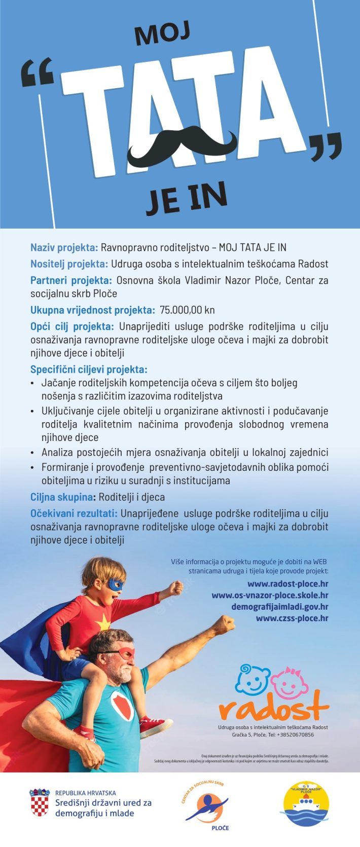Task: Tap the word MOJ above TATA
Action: (162, 35)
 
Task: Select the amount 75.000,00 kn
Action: (187, 310)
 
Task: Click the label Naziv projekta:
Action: (64, 247)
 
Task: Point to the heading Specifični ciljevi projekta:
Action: (89, 369)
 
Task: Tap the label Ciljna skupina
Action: (62, 497)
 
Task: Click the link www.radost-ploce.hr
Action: (287, 584)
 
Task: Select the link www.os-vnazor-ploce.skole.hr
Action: (270, 596)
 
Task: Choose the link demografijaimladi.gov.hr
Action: (280, 607)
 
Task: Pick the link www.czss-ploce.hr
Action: (292, 618)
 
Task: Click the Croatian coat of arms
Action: (40, 802)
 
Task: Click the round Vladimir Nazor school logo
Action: (305, 803)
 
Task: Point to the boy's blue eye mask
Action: (115, 584)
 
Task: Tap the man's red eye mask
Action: (125, 654)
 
